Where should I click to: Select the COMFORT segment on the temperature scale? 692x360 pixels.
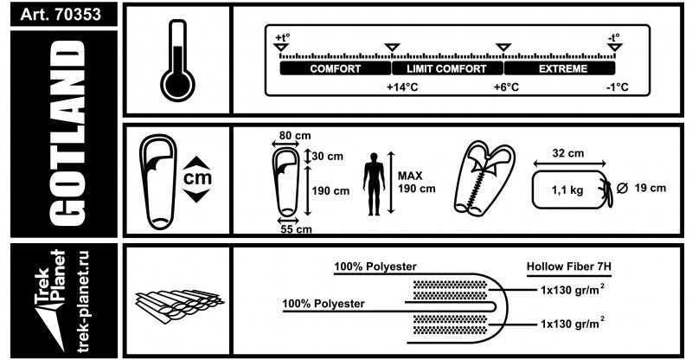[x=335, y=68]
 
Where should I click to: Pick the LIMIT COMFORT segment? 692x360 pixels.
[x=447, y=68]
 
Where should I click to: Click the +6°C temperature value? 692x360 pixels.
[x=506, y=88]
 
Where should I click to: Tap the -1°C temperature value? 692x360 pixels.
[x=616, y=88]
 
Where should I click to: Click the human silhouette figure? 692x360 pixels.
[x=374, y=183]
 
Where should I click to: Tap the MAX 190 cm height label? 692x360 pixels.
[x=416, y=182]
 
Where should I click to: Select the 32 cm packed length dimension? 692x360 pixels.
[x=568, y=153]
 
